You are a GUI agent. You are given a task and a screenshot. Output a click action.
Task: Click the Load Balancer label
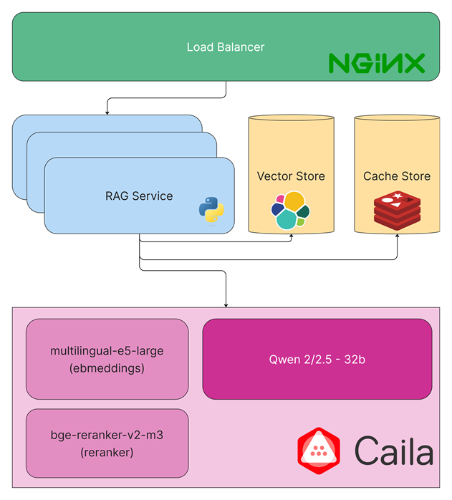[x=226, y=47]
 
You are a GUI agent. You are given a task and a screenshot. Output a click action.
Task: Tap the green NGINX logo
[x=377, y=63]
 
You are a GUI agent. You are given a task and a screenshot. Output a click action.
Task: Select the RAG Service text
[x=139, y=196]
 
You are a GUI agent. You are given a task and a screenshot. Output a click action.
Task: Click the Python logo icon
[x=211, y=210]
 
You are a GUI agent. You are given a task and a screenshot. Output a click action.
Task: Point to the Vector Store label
[x=291, y=176]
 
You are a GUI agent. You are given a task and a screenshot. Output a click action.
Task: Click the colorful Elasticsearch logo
[x=291, y=210]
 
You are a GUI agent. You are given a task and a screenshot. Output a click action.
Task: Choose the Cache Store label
[x=397, y=176]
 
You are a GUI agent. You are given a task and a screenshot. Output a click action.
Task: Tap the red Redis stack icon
[x=397, y=210]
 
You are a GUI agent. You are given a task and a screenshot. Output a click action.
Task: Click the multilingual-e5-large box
[x=107, y=358]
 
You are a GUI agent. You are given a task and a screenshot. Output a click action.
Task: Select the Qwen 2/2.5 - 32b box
[x=317, y=359]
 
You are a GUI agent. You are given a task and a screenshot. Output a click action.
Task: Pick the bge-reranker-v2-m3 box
[x=107, y=443]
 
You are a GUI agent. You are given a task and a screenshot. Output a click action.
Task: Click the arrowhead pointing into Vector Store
[x=291, y=236]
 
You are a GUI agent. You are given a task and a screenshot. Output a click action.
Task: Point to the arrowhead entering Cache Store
[x=397, y=236]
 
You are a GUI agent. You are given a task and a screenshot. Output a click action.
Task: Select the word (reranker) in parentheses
[x=107, y=452]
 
